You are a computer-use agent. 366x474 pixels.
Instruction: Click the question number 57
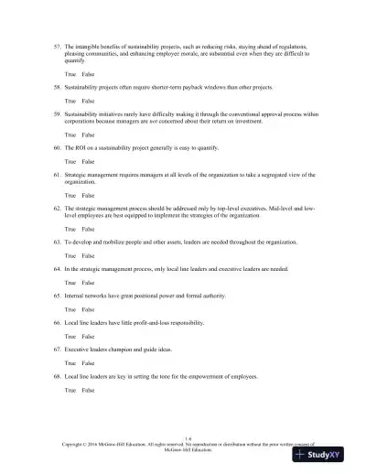pyautogui.click(x=54, y=45)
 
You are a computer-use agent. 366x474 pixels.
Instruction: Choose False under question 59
pyautogui.click(x=88, y=134)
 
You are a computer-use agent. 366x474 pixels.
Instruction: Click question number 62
pyautogui.click(x=54, y=208)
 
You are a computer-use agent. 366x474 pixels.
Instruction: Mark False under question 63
pyautogui.click(x=88, y=256)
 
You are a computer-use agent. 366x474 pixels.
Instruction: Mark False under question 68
pyautogui.click(x=88, y=391)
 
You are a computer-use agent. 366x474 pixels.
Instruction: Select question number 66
pyautogui.click(x=54, y=324)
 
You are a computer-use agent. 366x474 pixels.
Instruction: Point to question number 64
pyautogui.click(x=54, y=270)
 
